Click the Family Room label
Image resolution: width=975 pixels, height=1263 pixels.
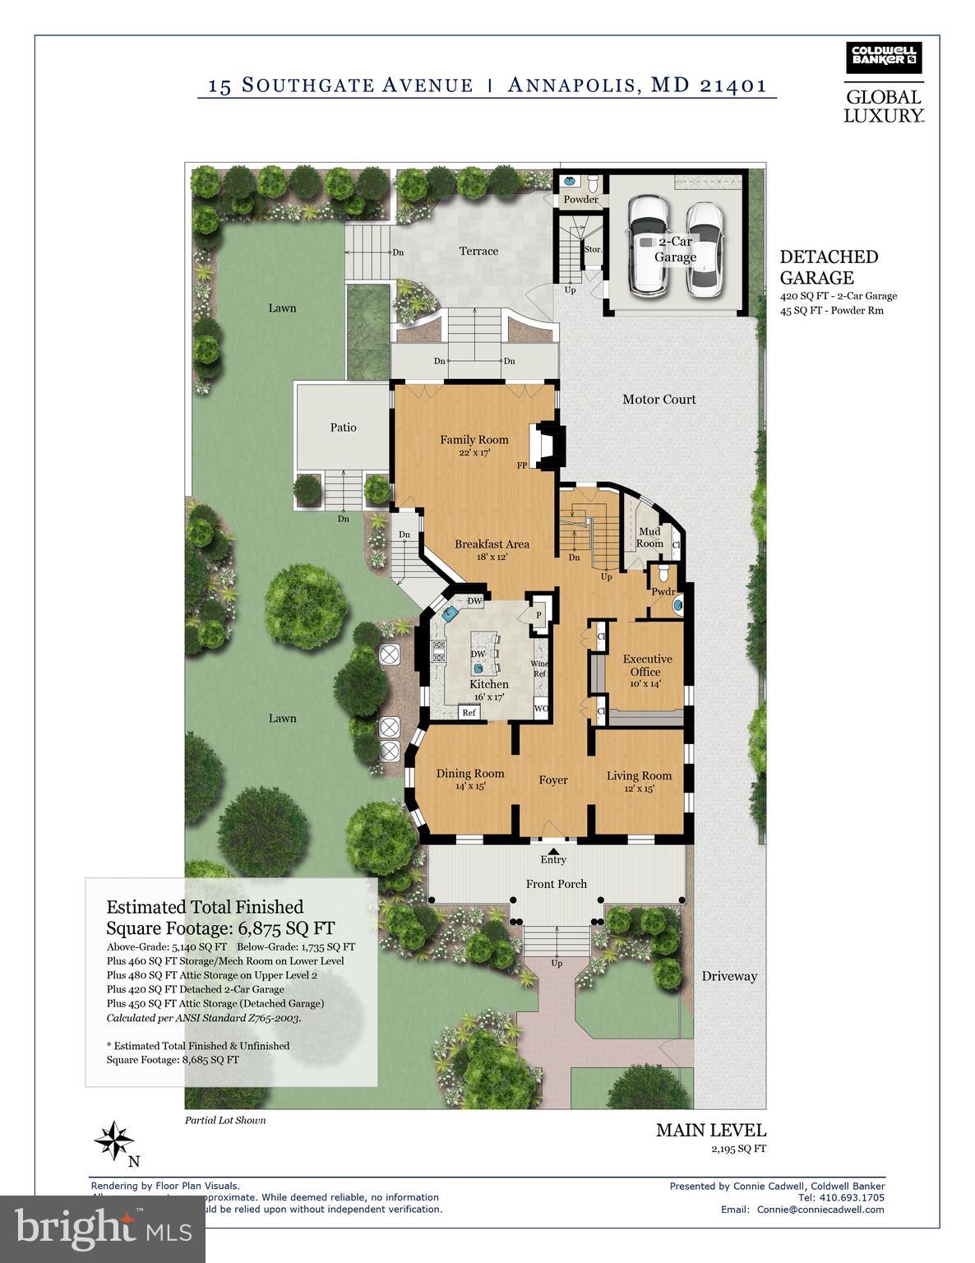click(x=474, y=439)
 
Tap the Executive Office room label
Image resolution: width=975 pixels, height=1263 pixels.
click(x=647, y=665)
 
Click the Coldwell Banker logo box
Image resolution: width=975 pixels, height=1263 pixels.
click(x=884, y=58)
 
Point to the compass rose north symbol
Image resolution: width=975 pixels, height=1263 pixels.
click(x=114, y=1141)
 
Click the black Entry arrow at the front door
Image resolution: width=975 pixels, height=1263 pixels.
click(x=553, y=851)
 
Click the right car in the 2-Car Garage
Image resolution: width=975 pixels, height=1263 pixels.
click(x=704, y=249)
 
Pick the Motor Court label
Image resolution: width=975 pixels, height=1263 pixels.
click(x=658, y=400)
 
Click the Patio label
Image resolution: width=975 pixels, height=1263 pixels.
click(x=343, y=428)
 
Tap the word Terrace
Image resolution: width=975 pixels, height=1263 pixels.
click(x=478, y=251)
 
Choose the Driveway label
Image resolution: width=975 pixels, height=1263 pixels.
click(x=729, y=976)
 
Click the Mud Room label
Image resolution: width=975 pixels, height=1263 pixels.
click(x=649, y=538)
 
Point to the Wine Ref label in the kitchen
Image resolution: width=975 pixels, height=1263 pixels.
click(x=539, y=669)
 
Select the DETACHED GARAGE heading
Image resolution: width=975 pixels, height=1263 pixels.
click(x=829, y=267)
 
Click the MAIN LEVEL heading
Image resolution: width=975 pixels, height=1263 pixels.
click(x=710, y=1130)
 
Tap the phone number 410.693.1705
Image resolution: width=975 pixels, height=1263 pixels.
click(x=852, y=1197)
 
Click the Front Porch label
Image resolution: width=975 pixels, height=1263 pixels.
click(x=556, y=884)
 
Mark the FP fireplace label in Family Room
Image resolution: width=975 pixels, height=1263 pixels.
click(x=521, y=465)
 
